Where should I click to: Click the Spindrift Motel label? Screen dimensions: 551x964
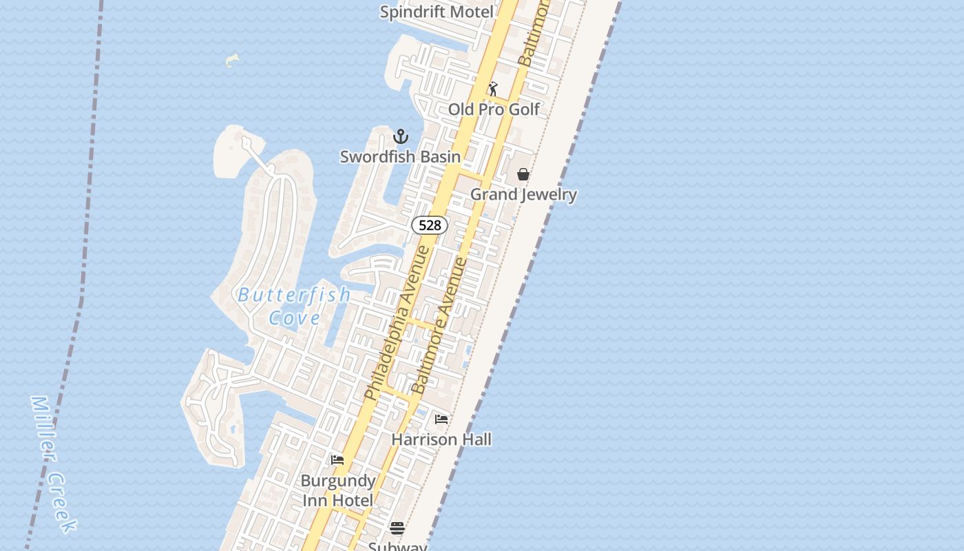(437, 12)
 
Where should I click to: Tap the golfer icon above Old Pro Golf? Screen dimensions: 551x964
(493, 89)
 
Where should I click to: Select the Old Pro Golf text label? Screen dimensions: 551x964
(494, 110)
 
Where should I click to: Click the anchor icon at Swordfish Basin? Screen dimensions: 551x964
(401, 136)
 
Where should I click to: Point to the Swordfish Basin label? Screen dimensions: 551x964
(400, 157)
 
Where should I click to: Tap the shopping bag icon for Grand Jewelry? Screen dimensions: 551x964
(523, 174)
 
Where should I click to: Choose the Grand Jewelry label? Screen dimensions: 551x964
(523, 194)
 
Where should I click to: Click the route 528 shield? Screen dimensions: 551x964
(430, 225)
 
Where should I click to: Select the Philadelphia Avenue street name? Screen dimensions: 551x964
(398, 322)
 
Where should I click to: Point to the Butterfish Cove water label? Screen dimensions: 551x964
(295, 306)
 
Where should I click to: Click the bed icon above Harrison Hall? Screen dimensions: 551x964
(441, 419)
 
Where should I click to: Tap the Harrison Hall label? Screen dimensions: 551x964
(441, 439)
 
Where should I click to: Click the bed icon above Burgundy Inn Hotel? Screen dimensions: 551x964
(337, 460)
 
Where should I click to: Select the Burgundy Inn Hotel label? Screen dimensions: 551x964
(338, 490)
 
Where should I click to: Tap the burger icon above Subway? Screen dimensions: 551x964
(397, 528)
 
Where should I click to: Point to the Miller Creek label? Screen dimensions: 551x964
(53, 463)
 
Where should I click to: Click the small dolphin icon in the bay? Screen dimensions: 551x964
(232, 60)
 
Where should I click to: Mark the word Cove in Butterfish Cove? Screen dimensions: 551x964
(295, 318)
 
